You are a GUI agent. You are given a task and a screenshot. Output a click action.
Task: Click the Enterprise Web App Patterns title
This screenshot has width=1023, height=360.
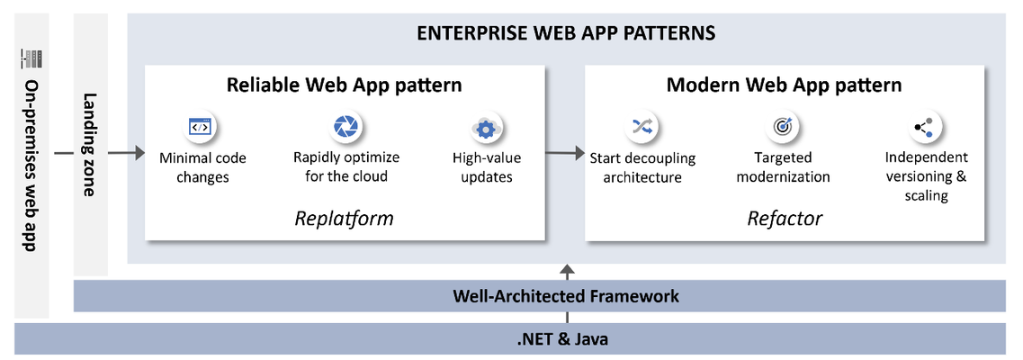[566, 32]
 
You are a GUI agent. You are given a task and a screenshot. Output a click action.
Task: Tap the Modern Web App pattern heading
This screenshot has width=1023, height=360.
[785, 85]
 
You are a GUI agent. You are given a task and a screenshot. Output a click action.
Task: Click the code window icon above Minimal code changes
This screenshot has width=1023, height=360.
[199, 128]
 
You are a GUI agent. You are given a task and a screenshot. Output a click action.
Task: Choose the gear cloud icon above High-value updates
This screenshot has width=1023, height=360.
[485, 129]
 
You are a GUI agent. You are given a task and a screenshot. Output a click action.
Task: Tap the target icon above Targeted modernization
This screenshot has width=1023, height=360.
[781, 128]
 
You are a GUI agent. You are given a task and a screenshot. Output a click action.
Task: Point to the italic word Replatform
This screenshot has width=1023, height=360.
[344, 217]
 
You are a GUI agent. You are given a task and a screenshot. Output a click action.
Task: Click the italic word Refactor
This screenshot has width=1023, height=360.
[785, 218]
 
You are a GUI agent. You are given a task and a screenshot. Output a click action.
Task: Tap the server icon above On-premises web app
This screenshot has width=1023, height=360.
[31, 58]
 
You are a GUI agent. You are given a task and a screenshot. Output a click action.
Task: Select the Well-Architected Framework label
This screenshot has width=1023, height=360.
[566, 296]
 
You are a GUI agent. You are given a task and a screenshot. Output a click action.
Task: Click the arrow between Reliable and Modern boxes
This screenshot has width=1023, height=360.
[565, 154]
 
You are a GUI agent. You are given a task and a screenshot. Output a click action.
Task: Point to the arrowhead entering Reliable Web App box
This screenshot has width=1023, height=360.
[139, 154]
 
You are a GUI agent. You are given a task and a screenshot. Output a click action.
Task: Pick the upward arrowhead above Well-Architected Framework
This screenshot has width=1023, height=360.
[568, 269]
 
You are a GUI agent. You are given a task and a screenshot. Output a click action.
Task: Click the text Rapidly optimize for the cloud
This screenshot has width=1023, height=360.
[346, 167]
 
